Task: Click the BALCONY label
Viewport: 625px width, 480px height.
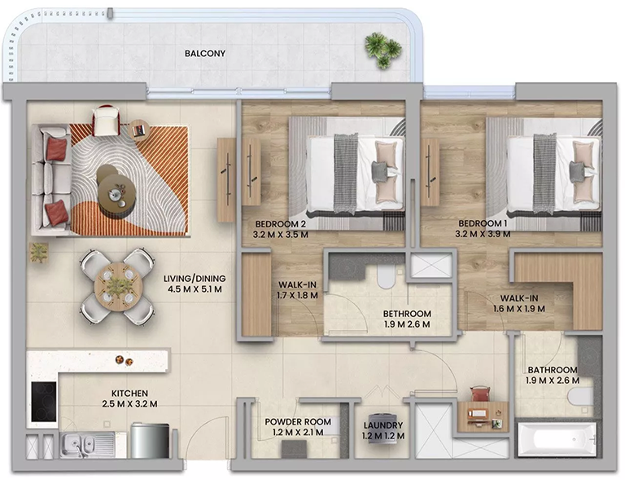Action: pyautogui.click(x=204, y=55)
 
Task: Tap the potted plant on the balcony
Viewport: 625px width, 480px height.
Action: pyautogui.click(x=382, y=50)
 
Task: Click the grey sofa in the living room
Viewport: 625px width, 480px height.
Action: pyautogui.click(x=48, y=178)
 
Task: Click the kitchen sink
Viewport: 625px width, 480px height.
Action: pyautogui.click(x=77, y=444)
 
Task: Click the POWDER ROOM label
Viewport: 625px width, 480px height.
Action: pyautogui.click(x=298, y=421)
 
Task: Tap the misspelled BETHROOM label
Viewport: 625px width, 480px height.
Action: pyautogui.click(x=407, y=314)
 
